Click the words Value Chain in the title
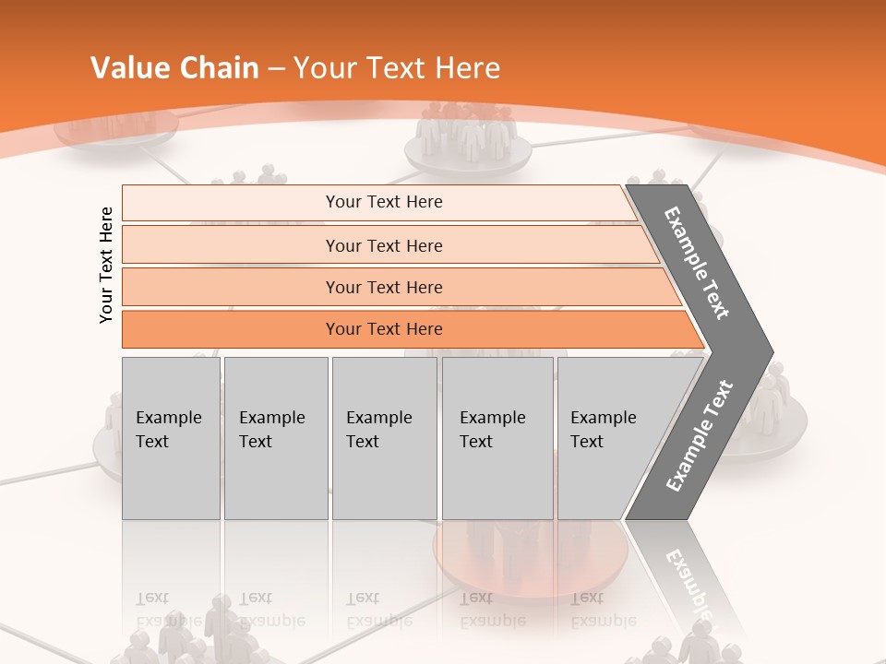pos(174,68)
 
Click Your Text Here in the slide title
pos(397,68)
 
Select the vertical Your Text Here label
pos(106,265)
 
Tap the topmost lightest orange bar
pos(383,202)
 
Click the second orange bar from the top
pos(383,245)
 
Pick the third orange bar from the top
pos(383,287)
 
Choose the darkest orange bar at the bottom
pos(383,329)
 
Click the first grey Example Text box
pos(171,438)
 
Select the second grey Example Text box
pos(275,438)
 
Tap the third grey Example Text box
pos(384,438)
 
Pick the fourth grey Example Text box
pos(497,438)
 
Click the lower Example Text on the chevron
pos(699,436)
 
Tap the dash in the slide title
pos(276,69)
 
